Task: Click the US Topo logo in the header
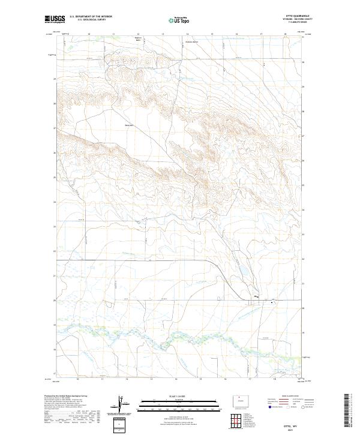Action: point(180,20)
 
